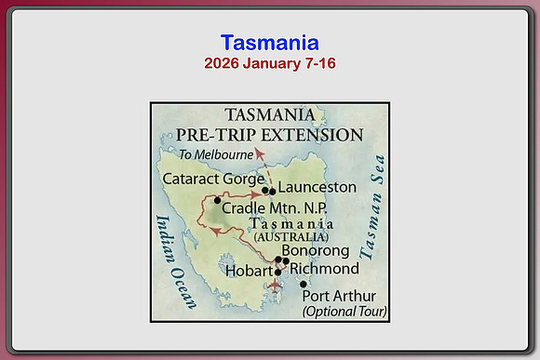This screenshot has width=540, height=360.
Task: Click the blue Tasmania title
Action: [x=270, y=43]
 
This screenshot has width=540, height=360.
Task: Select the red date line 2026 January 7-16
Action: [x=270, y=63]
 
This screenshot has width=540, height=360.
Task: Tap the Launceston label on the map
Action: [x=317, y=187]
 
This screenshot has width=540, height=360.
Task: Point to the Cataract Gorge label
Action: [x=213, y=179]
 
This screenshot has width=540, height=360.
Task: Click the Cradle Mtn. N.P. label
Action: [x=274, y=208]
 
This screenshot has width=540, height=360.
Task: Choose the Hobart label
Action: [x=249, y=271]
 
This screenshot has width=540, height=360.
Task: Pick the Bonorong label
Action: [x=316, y=251]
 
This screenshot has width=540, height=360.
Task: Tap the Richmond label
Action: [x=324, y=269]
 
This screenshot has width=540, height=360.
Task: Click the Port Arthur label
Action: [x=339, y=296]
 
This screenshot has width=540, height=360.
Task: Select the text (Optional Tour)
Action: [x=344, y=312]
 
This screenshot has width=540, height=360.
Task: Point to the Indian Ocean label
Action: [x=176, y=262]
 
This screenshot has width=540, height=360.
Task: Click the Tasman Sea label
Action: [x=372, y=207]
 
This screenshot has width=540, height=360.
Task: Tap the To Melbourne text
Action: [x=216, y=154]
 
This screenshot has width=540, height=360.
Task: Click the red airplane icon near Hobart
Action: [x=275, y=286]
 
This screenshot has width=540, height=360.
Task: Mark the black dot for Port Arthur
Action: [x=304, y=285]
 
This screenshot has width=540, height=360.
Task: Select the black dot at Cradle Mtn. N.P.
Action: [x=217, y=200]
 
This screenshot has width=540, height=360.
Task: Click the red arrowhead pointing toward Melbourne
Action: [x=259, y=153]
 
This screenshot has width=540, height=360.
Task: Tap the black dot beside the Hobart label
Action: [x=278, y=273]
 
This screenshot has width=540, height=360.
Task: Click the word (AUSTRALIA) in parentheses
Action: [x=291, y=237]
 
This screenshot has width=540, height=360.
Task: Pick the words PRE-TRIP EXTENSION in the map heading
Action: [x=270, y=135]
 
